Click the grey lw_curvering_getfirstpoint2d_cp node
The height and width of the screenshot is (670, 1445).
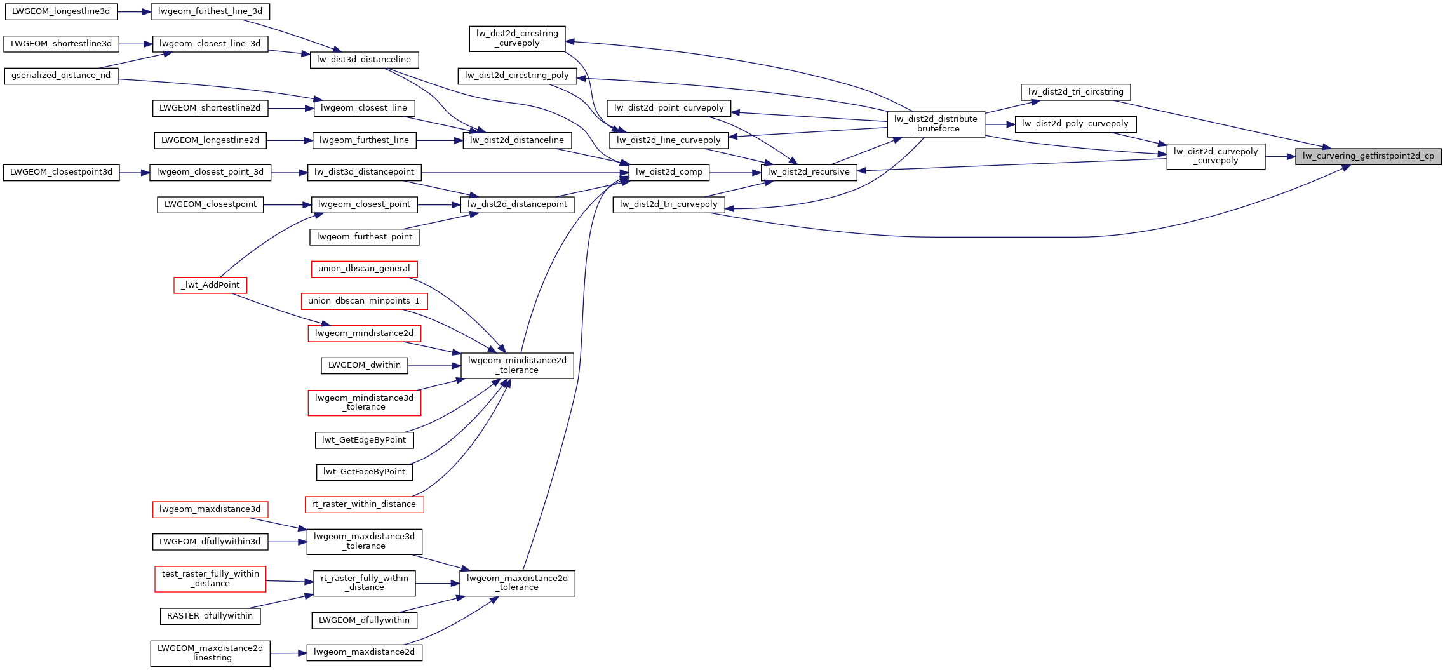pyautogui.click(x=1368, y=156)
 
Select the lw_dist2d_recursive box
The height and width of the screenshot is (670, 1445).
pyautogui.click(x=809, y=172)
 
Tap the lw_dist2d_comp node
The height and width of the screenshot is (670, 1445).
pyautogui.click(x=669, y=172)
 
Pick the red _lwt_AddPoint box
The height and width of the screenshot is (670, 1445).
pyautogui.click(x=210, y=285)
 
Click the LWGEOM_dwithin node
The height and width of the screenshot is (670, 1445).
pyautogui.click(x=365, y=365)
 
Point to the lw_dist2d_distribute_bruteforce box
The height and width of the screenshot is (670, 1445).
pyautogui.click(x=936, y=124)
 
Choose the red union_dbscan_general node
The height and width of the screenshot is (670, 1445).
pyautogui.click(x=364, y=269)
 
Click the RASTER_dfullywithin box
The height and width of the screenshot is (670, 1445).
pyautogui.click(x=210, y=616)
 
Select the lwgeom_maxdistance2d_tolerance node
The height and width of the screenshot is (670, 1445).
pyautogui.click(x=517, y=583)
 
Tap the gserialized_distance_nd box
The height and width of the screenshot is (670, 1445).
pyautogui.click(x=61, y=76)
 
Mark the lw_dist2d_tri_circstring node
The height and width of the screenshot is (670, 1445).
pyautogui.click(x=1075, y=92)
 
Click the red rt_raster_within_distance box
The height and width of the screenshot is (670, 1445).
pyautogui.click(x=364, y=504)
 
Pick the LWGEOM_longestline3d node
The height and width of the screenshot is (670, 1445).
pyautogui.click(x=61, y=11)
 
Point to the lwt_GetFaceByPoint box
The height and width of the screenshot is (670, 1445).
pyautogui.click(x=364, y=472)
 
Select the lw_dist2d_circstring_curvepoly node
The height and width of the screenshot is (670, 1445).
pyautogui.click(x=517, y=38)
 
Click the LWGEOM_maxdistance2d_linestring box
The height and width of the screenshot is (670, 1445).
pyautogui.click(x=210, y=653)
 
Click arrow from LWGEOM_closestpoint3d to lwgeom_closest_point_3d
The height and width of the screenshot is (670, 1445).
pyautogui.click(x=134, y=172)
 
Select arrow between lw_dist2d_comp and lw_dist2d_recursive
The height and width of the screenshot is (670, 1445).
pyautogui.click(x=735, y=172)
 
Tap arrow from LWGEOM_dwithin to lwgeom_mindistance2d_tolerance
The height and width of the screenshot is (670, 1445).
pyautogui.click(x=434, y=366)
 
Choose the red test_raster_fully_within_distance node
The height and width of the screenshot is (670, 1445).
pyautogui.click(x=210, y=579)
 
